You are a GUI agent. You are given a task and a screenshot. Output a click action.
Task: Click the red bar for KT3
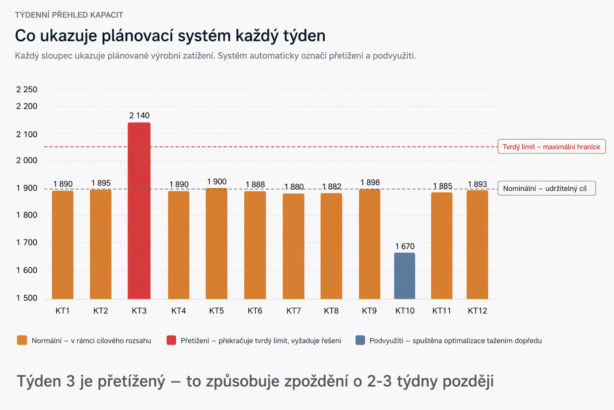click(x=139, y=211)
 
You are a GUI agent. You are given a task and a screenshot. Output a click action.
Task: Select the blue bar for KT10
click(x=405, y=276)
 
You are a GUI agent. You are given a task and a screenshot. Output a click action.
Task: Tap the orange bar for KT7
click(x=293, y=246)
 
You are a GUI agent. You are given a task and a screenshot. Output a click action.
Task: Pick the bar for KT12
click(x=477, y=244)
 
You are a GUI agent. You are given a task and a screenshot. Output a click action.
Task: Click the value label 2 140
click(x=139, y=115)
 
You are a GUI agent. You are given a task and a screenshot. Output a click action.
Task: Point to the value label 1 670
click(x=405, y=246)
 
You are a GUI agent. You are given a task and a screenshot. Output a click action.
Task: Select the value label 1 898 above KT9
click(x=370, y=182)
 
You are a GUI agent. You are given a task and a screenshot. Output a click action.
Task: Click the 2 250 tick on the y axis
click(x=27, y=90)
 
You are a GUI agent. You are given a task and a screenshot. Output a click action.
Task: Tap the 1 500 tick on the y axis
click(x=27, y=298)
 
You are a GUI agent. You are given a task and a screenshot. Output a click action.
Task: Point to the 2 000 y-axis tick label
click(x=27, y=161)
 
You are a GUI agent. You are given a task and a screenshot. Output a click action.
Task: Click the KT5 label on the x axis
click(x=217, y=311)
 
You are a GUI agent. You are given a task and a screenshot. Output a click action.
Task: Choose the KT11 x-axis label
click(x=441, y=311)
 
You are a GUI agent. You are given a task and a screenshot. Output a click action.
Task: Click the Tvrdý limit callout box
click(x=552, y=147)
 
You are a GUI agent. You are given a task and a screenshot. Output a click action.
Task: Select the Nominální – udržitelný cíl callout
click(x=546, y=188)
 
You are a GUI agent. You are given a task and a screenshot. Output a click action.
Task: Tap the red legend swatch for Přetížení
click(x=171, y=340)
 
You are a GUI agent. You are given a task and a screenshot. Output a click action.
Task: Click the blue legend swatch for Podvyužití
click(x=360, y=340)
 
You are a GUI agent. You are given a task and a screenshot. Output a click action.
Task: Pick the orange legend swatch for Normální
click(x=22, y=340)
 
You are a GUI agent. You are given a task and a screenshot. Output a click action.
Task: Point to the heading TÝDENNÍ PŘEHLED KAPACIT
click(x=69, y=15)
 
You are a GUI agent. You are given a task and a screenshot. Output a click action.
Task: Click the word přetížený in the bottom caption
click(x=132, y=382)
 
